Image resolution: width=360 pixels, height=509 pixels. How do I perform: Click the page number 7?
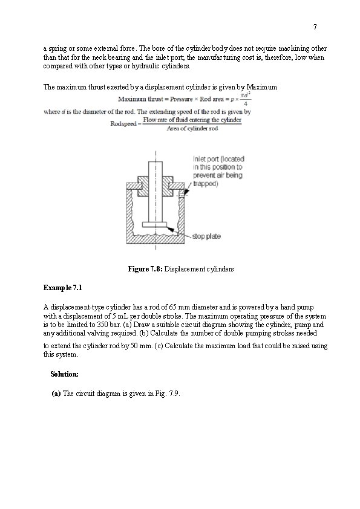[315, 27]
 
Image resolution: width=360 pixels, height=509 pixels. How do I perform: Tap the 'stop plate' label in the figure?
[206, 236]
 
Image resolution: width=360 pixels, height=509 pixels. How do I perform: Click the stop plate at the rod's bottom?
[154, 225]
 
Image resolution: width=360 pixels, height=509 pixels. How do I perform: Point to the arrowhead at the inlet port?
[185, 193]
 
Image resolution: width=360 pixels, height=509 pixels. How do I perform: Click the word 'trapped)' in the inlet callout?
[205, 184]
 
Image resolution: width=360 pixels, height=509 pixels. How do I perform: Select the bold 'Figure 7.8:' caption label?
[145, 269]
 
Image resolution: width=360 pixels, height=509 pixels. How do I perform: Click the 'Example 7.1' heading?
[63, 288]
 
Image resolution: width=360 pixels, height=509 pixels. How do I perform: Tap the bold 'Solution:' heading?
[64, 374]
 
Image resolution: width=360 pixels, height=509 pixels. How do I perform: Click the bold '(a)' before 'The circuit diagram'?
[56, 394]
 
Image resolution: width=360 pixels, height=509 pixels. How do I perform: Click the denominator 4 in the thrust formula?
[246, 104]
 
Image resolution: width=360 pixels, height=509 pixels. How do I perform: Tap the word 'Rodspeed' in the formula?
[124, 124]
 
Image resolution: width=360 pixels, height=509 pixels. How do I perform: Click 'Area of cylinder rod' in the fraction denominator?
[192, 129]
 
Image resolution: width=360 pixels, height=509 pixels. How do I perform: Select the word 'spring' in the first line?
[56, 49]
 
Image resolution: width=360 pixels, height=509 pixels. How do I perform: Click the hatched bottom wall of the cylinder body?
[155, 239]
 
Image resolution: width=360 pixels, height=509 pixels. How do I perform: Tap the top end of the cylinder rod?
[155, 162]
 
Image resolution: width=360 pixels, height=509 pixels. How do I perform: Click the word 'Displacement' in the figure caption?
[183, 269]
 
